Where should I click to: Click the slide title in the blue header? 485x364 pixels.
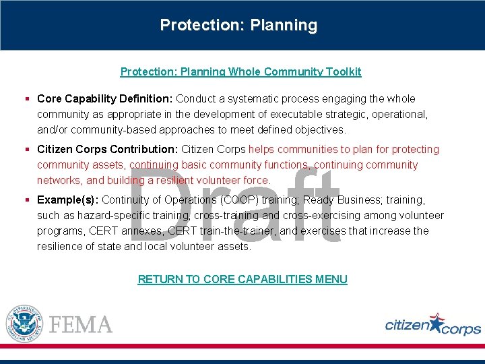[x=238, y=26]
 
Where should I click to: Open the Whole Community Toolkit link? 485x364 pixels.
[x=240, y=71]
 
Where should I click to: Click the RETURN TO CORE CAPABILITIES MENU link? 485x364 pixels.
[x=243, y=279]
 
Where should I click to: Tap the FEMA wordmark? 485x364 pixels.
[x=81, y=324]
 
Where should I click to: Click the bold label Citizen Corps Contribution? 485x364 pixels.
[x=108, y=150]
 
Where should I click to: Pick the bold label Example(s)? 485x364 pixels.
[x=67, y=200]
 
